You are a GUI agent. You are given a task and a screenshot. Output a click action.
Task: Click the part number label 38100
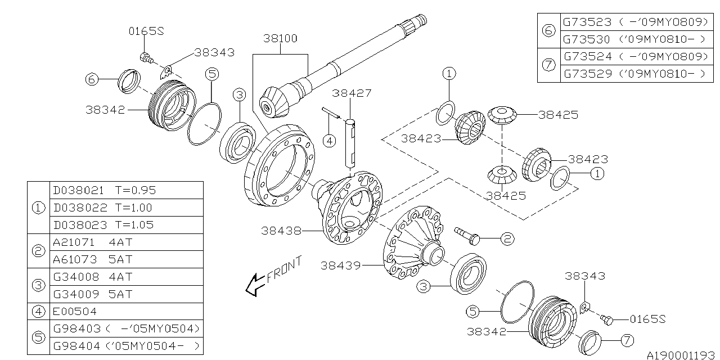click(280, 39)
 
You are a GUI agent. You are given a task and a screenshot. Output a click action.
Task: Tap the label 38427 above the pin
click(352, 93)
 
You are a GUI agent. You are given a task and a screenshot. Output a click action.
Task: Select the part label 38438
click(281, 231)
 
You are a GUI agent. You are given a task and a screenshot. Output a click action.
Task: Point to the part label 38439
click(341, 265)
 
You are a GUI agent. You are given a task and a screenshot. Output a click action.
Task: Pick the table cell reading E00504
click(127, 311)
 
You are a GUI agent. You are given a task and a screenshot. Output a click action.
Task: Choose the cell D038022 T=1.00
click(127, 208)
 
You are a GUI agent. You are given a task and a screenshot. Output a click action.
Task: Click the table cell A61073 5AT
click(127, 259)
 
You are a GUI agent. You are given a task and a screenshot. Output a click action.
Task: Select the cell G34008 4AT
click(127, 276)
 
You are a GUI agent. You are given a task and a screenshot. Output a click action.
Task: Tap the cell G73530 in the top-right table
click(637, 39)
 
